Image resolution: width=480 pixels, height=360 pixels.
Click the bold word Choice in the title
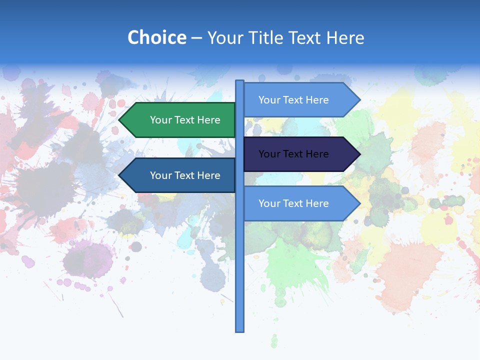point(156,37)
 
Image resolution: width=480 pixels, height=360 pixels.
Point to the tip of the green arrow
point(120,120)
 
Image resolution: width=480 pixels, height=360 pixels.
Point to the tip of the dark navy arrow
point(359,154)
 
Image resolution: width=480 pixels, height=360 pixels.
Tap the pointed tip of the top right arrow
point(359,100)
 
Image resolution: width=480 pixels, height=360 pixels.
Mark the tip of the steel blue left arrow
point(120,175)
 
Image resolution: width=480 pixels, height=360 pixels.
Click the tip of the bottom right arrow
point(359,203)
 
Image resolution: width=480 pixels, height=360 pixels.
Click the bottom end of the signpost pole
point(240,330)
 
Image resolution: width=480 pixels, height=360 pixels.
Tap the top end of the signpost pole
point(240,81)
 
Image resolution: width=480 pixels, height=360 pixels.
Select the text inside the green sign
point(185,120)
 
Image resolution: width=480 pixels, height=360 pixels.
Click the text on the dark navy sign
point(293,154)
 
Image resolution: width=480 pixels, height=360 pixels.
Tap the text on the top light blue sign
point(293,100)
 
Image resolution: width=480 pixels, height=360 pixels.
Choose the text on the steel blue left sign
point(185,175)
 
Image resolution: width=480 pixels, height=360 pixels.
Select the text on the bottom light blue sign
point(293,203)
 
